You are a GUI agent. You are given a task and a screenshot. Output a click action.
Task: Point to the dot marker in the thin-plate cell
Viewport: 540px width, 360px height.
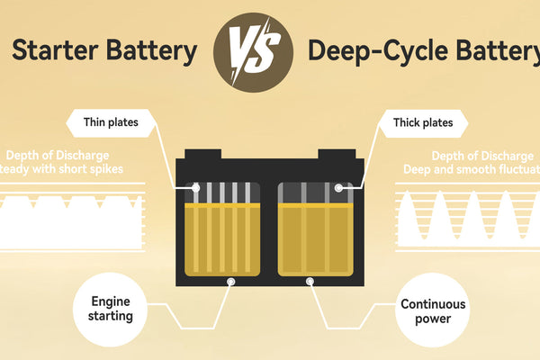[196, 188]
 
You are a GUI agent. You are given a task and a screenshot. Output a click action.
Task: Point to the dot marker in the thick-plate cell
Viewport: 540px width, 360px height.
[338, 188]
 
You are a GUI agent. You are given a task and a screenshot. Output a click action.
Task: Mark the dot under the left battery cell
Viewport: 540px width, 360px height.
[230, 282]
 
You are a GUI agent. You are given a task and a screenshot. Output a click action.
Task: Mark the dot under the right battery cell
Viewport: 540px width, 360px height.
[310, 282]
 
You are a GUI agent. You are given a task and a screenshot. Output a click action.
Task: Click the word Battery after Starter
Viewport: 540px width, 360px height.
[151, 50]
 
